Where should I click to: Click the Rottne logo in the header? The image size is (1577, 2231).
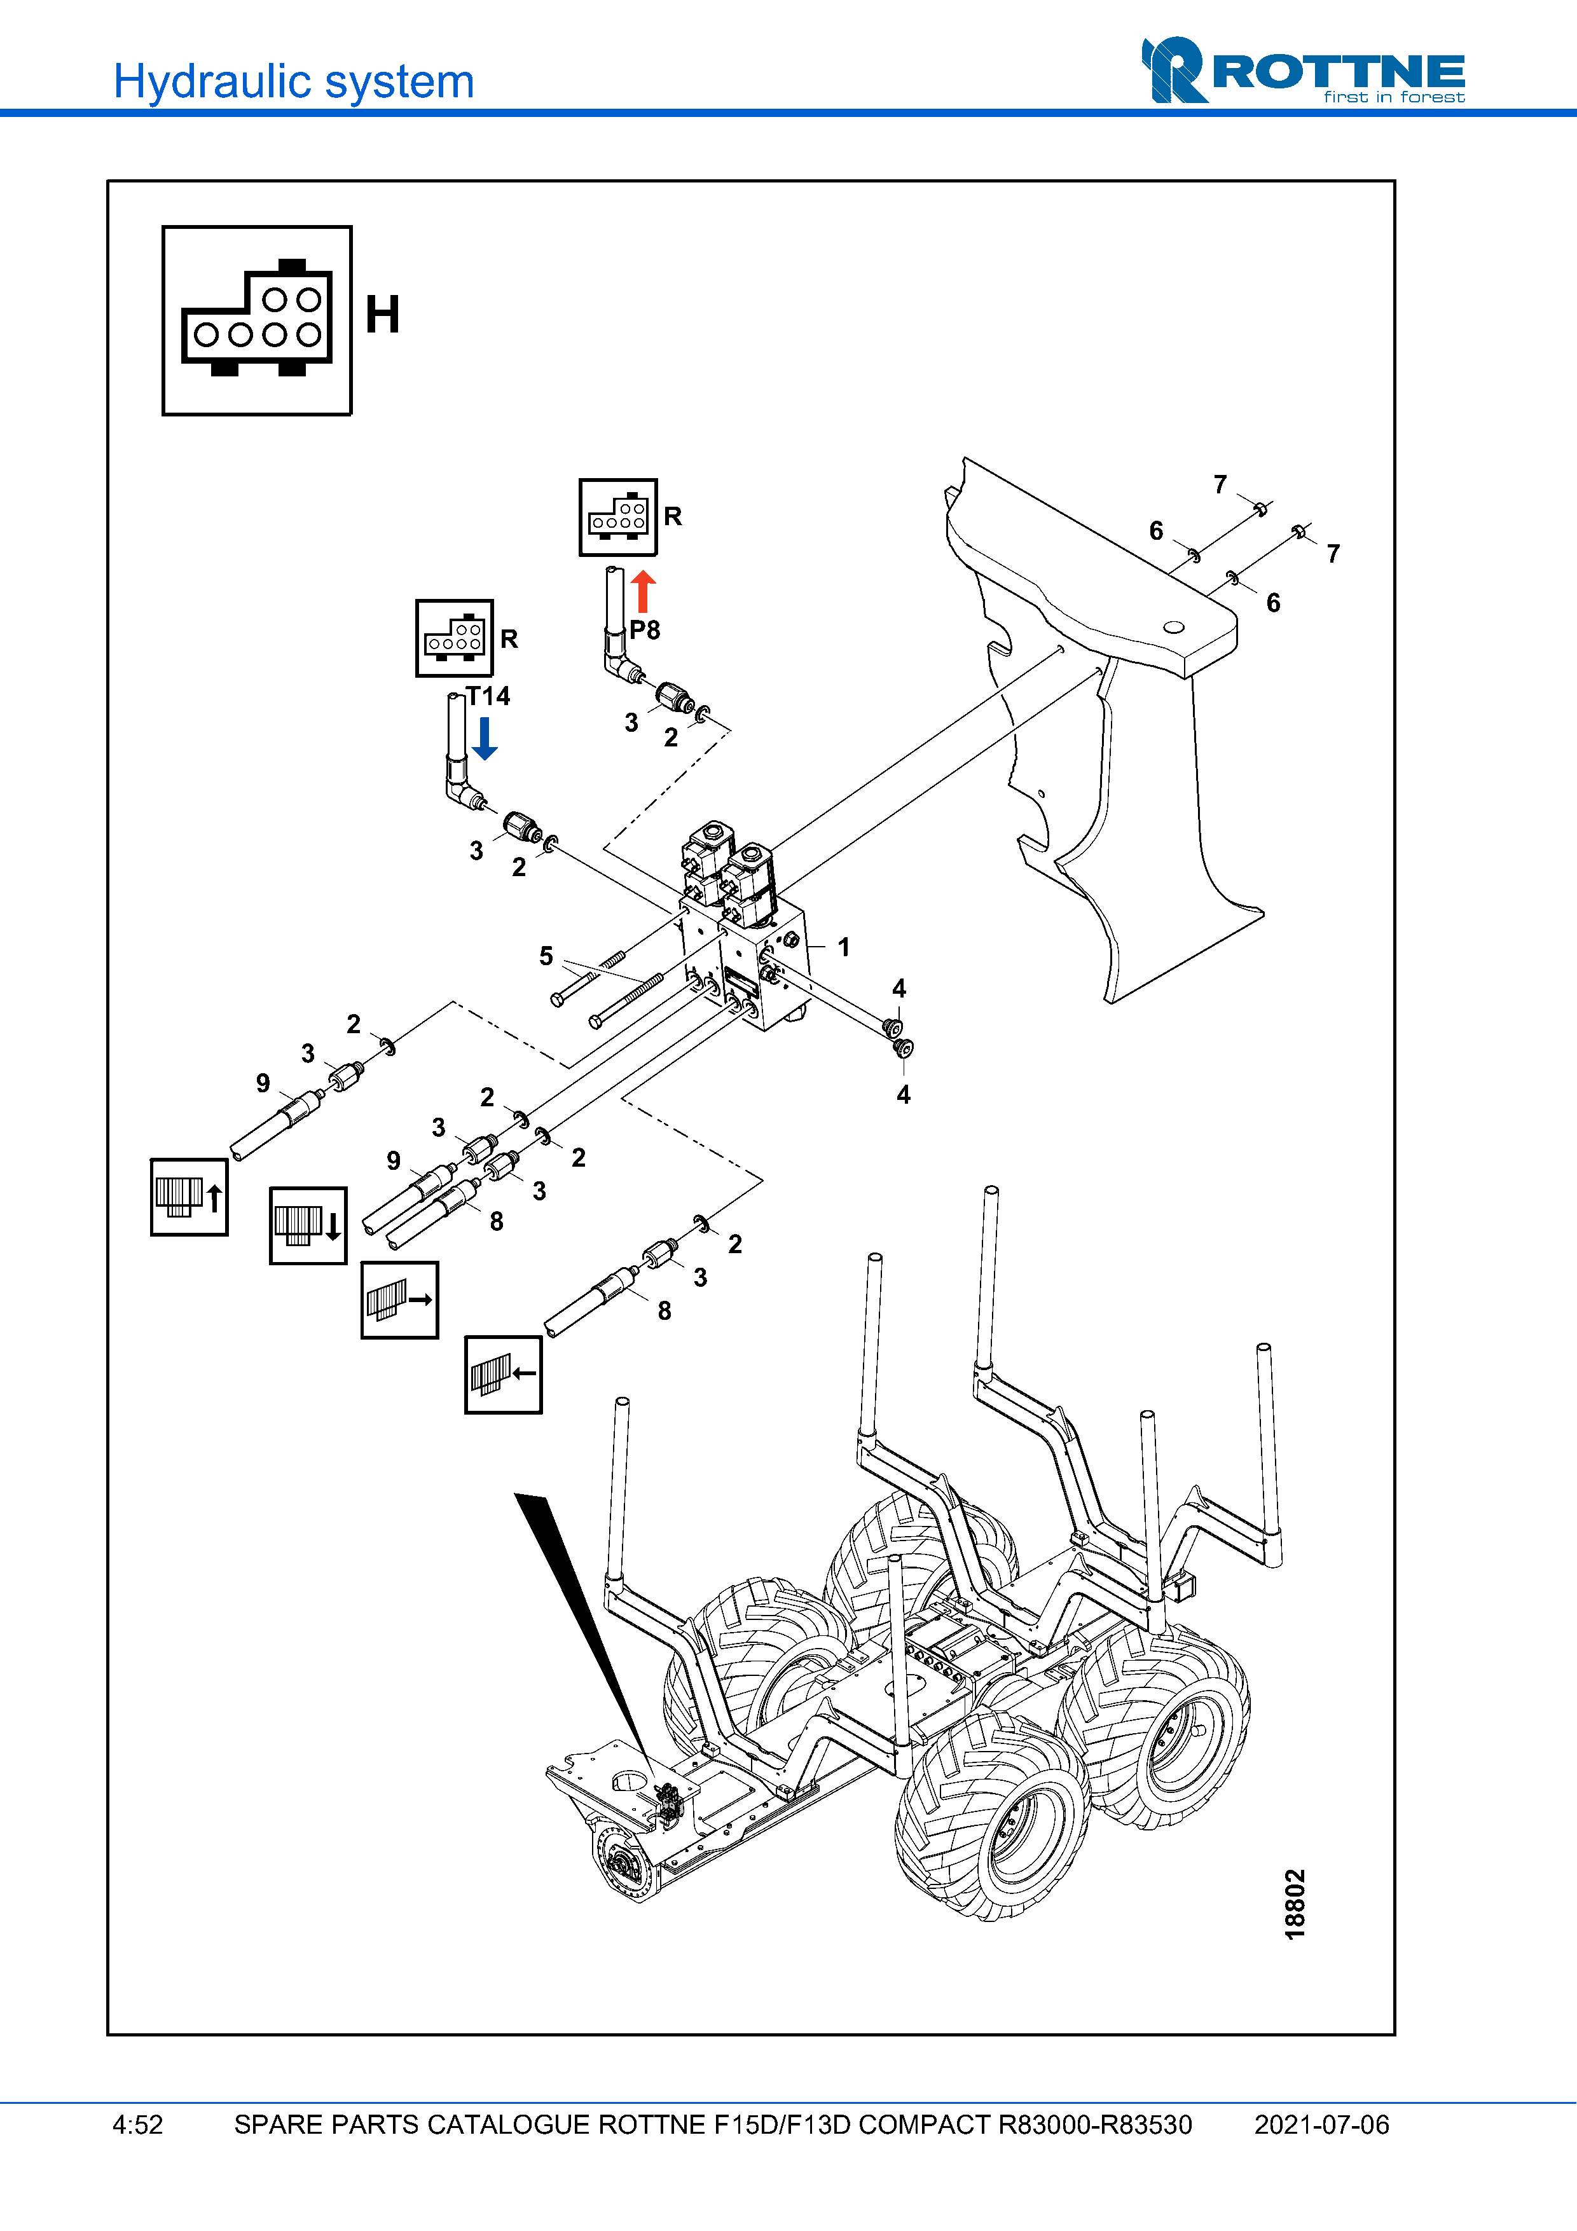(1302, 70)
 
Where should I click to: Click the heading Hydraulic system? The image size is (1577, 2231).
(293, 81)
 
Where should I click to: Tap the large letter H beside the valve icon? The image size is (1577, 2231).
(382, 315)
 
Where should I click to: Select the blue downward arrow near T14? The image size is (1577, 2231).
(485, 739)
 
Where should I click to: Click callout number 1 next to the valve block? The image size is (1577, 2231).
(843, 947)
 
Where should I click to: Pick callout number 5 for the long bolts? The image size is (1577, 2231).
(546, 956)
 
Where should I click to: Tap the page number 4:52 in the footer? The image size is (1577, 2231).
(138, 2125)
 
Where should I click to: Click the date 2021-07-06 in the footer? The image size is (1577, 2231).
(1321, 2125)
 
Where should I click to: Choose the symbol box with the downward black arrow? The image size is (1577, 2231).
(308, 1225)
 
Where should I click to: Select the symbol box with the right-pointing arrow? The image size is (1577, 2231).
(399, 1300)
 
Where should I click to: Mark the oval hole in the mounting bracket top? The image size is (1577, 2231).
(1174, 627)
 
